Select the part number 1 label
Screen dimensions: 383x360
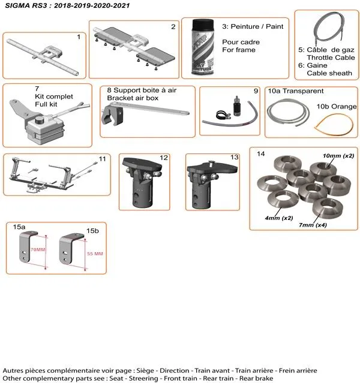coord(79,37)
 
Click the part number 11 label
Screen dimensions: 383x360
coord(103,158)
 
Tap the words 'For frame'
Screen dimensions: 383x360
coord(238,50)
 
